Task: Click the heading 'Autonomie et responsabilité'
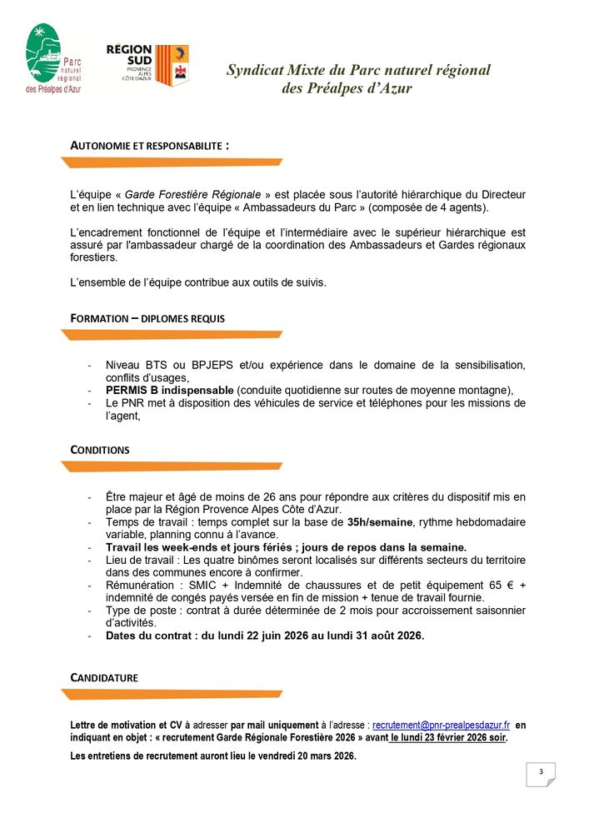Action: click(x=150, y=145)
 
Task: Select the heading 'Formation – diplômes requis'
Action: click(x=147, y=318)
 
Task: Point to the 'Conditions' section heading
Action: click(x=100, y=450)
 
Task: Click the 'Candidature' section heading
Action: click(x=104, y=678)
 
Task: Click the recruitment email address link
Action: click(x=441, y=726)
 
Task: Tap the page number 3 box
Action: click(x=541, y=773)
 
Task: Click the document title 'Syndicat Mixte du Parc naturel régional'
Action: click(x=358, y=71)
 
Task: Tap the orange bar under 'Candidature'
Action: click(x=172, y=694)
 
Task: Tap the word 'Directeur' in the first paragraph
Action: click(x=499, y=194)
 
